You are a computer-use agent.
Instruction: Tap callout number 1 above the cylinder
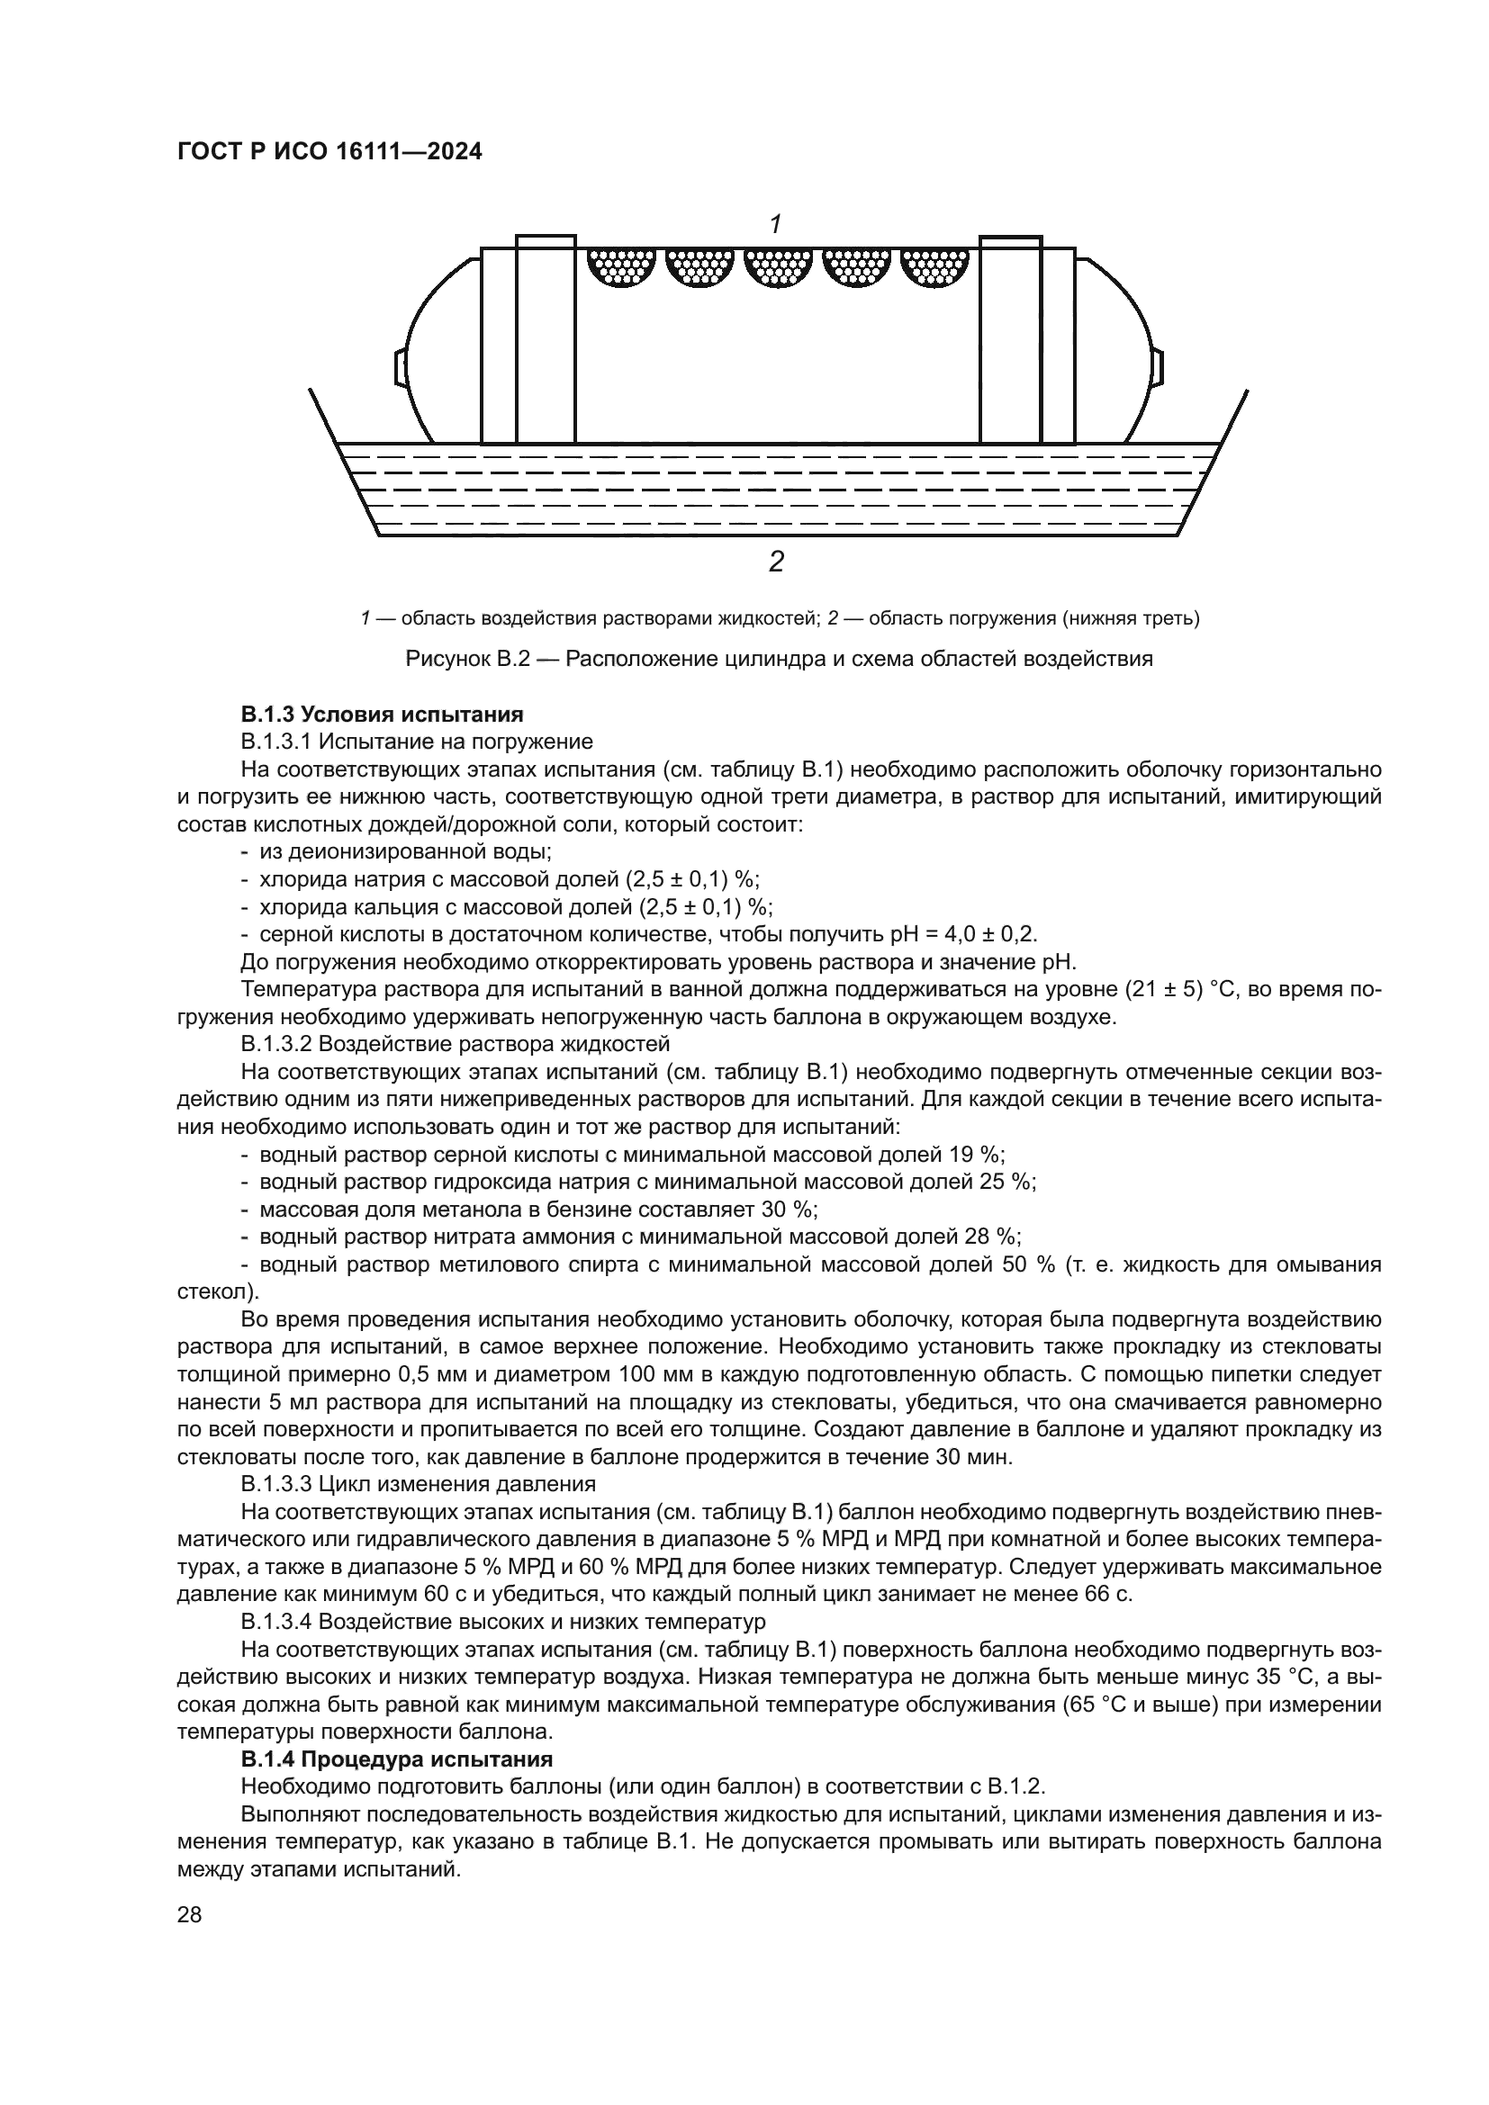(775, 223)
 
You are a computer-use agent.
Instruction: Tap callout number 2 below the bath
(776, 561)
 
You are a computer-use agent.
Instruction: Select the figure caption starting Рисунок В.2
(779, 658)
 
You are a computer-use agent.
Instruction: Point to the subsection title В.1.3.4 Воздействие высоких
(502, 1621)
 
